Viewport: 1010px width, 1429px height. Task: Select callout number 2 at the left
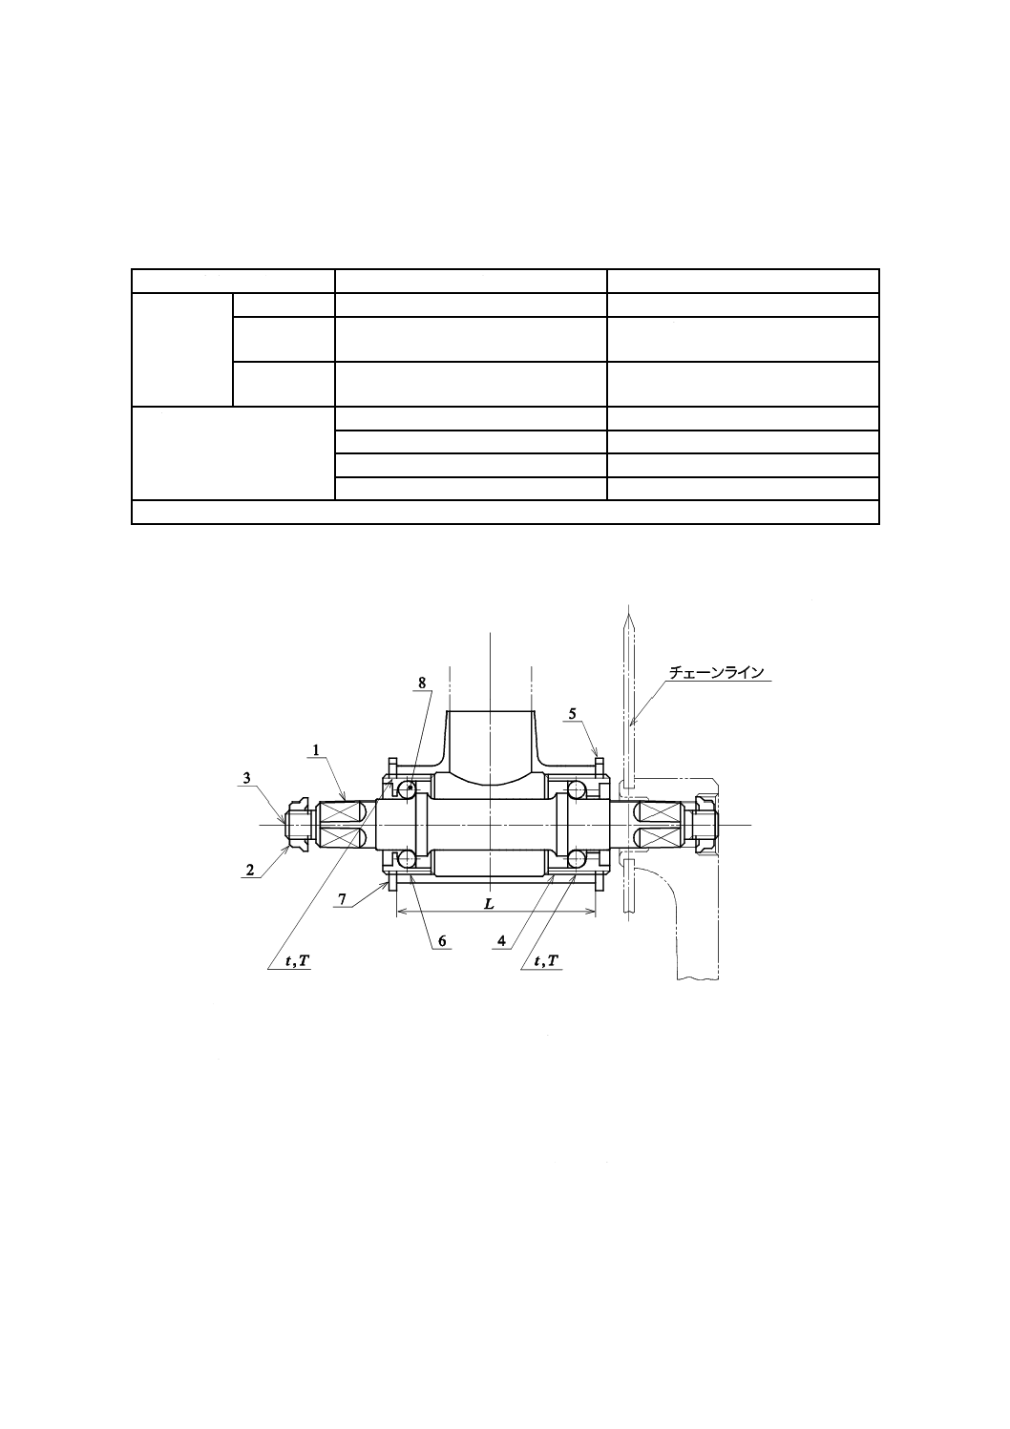250,870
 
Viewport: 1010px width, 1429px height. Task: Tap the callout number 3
246,778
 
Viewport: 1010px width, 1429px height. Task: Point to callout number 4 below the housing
501,941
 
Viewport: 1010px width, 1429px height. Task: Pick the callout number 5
573,713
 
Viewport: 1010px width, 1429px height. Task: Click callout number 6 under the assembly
442,941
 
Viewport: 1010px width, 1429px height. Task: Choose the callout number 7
342,899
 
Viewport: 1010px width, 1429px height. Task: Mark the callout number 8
422,683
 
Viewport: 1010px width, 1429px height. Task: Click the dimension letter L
490,904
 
